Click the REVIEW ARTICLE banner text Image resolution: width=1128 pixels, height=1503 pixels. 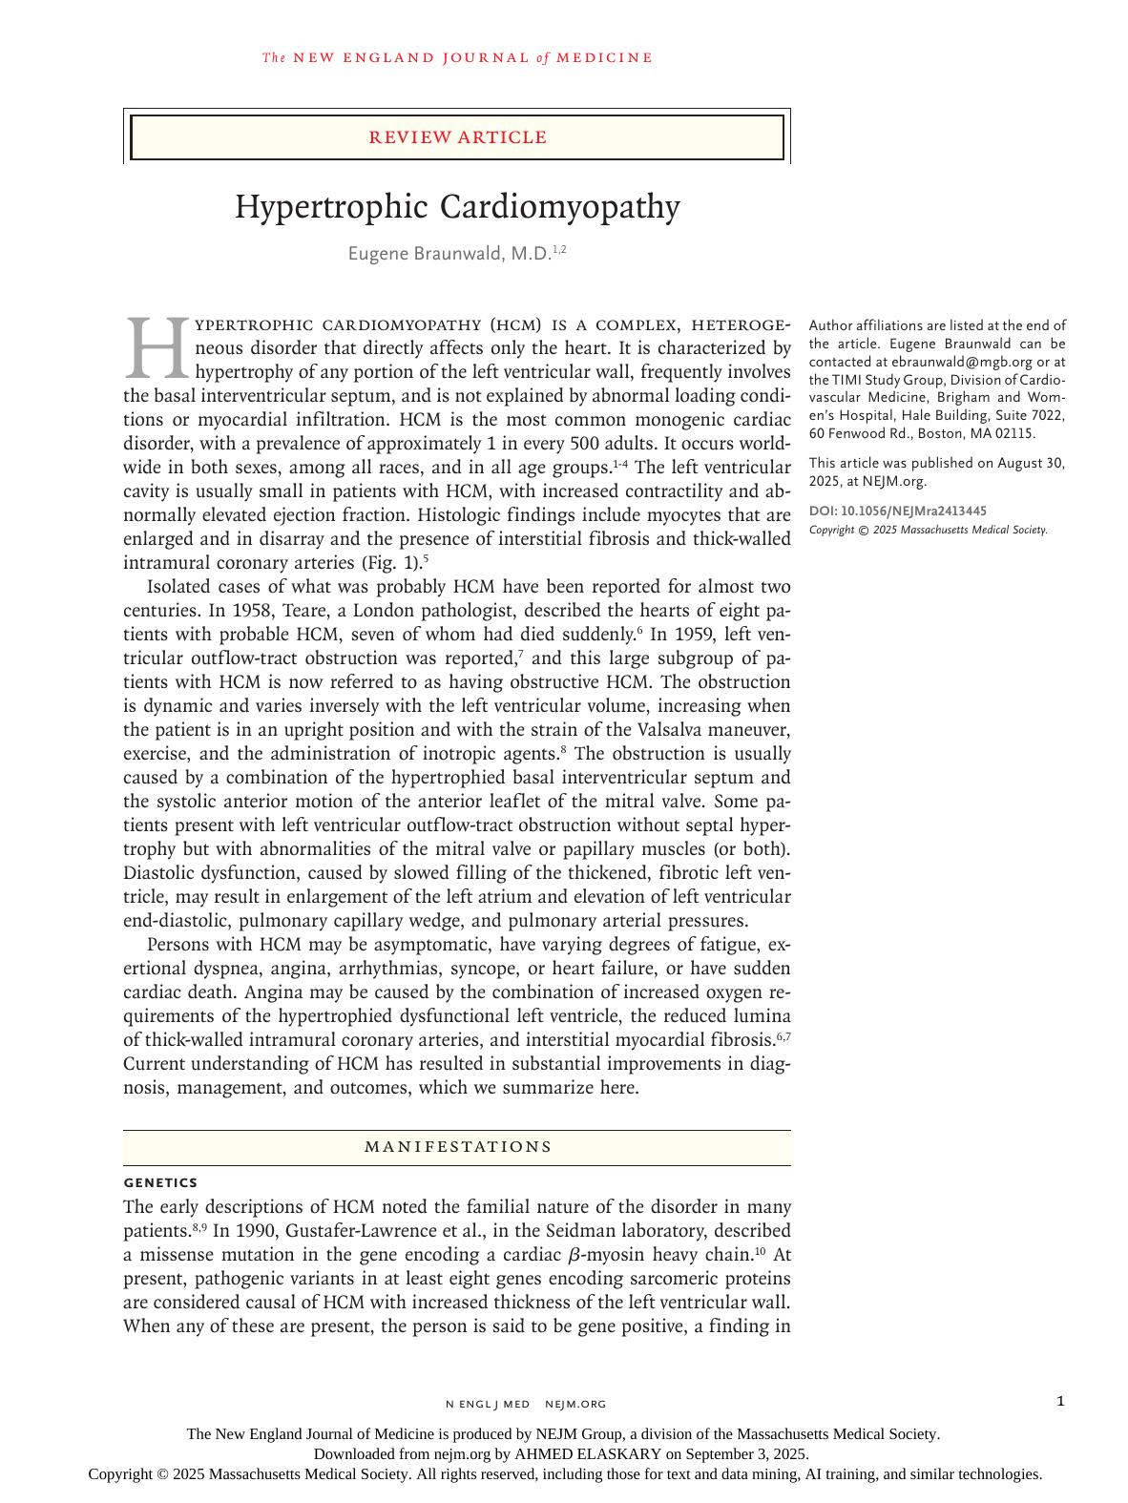(x=458, y=137)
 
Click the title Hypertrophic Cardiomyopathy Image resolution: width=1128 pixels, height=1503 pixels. (x=458, y=207)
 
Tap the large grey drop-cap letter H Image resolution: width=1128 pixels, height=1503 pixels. (x=157, y=348)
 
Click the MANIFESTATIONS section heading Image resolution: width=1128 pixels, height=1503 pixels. (x=458, y=1147)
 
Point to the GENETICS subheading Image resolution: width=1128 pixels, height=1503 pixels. (x=160, y=1183)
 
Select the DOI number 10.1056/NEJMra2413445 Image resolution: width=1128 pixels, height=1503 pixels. (x=913, y=511)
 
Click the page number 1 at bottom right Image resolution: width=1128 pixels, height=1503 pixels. (x=1061, y=1401)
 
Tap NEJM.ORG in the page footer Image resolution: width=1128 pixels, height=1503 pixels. (x=575, y=1404)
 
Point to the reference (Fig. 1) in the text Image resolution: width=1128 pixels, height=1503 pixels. (x=391, y=563)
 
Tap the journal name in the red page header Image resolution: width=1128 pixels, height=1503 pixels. (x=458, y=58)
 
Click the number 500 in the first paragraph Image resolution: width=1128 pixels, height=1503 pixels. (x=585, y=444)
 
